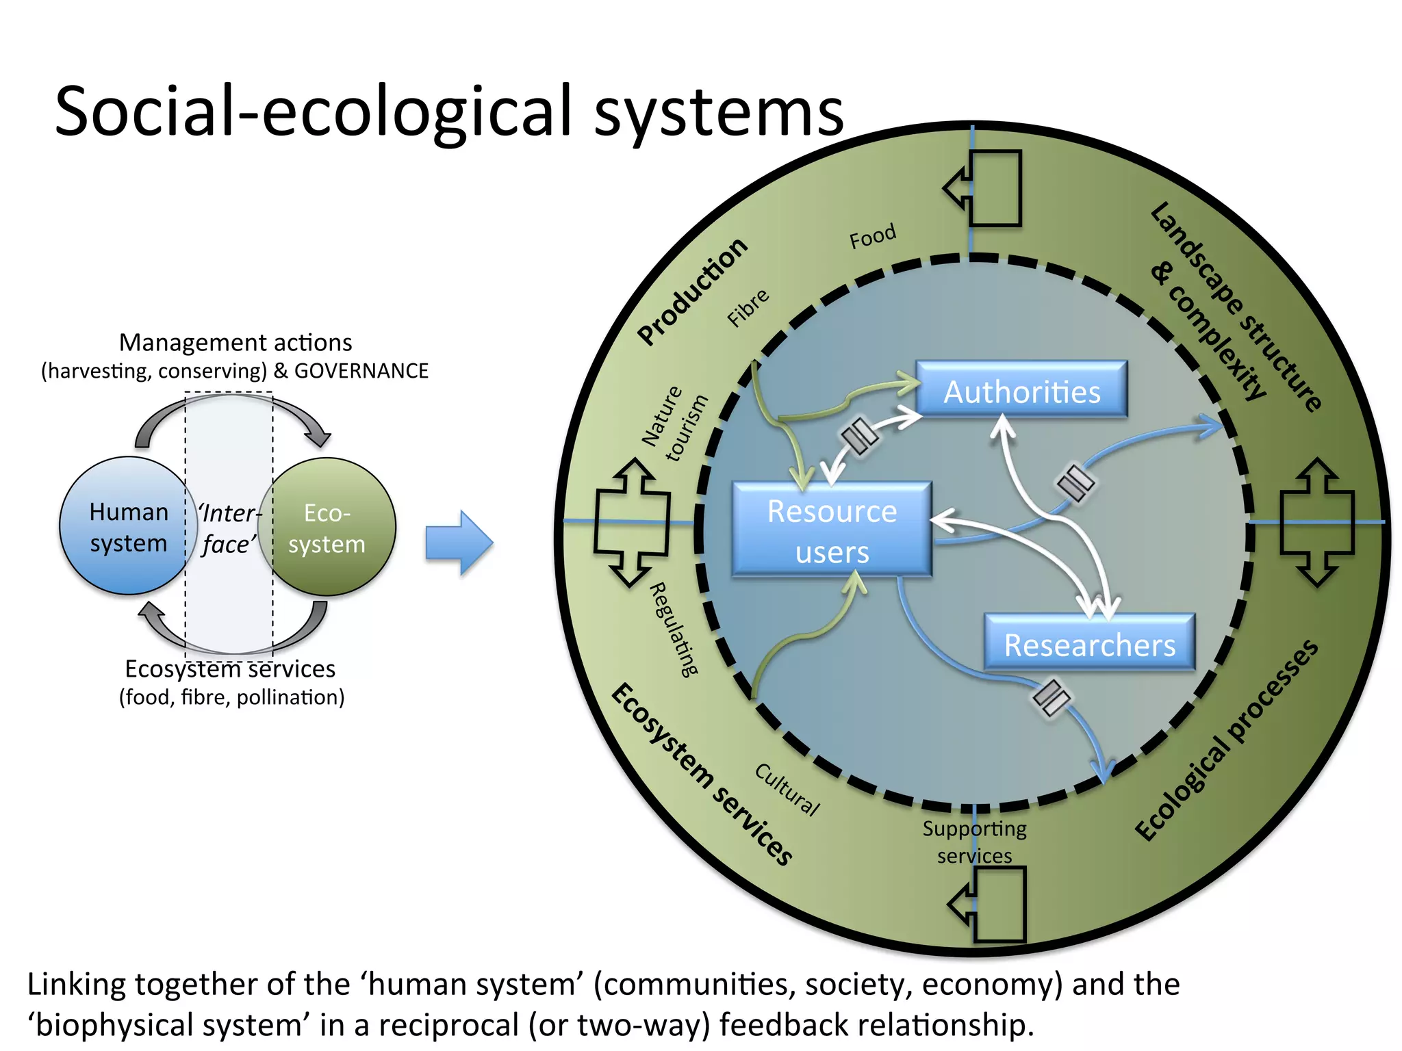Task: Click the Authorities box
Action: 1021,391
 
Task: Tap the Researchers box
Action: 1089,644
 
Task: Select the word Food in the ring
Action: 872,236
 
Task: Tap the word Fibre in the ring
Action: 748,307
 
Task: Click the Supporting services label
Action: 974,842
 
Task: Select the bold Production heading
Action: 692,291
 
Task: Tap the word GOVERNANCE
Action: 361,371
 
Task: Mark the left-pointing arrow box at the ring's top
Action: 984,188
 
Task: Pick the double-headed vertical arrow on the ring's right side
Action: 1316,522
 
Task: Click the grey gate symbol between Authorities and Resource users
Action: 859,435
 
